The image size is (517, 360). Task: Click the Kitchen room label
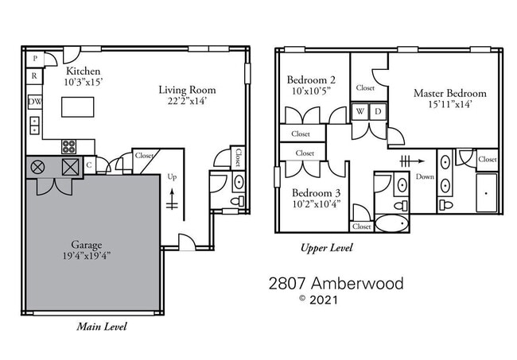(x=82, y=71)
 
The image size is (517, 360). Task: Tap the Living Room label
(x=187, y=90)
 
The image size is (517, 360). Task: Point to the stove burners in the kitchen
(x=69, y=146)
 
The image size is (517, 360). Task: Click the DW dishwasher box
(x=35, y=102)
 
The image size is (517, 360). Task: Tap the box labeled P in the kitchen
(x=35, y=60)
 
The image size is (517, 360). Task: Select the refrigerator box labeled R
(x=35, y=76)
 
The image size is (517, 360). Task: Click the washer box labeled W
(x=360, y=112)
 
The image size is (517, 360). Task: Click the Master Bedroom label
(x=449, y=93)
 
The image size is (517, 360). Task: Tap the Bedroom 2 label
(x=311, y=79)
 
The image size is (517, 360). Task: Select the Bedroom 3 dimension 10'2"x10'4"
(x=316, y=204)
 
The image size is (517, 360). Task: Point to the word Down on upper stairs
(x=425, y=176)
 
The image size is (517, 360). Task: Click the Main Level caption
(x=101, y=326)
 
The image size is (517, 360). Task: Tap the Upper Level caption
(x=326, y=248)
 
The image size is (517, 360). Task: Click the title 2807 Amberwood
(x=335, y=283)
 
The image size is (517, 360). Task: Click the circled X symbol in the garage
(x=37, y=167)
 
